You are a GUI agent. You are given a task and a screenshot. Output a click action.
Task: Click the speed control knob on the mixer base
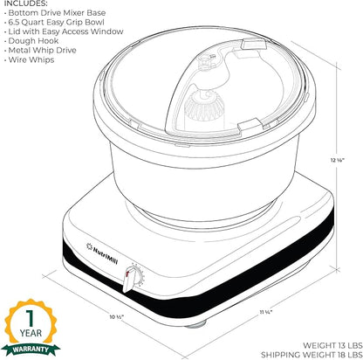click(129, 280)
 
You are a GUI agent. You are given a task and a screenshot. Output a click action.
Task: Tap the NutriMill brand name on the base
click(106, 253)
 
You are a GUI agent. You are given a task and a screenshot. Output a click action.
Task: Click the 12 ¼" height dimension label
click(337, 160)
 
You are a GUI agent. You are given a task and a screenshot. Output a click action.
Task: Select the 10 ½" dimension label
click(117, 316)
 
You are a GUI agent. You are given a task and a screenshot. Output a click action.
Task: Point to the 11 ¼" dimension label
click(266, 312)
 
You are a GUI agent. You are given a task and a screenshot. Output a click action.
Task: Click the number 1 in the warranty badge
click(31, 318)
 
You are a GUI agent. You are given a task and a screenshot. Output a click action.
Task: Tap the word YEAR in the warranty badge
click(31, 333)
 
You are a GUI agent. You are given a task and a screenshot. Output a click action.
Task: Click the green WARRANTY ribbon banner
click(31, 349)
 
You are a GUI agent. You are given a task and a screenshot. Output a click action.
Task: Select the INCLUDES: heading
click(26, 3)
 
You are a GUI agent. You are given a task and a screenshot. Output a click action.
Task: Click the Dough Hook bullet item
click(31, 41)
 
